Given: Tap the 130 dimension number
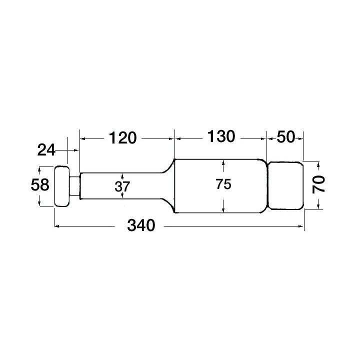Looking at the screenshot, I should tap(218, 136).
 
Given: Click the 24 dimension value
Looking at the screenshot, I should tap(46, 149).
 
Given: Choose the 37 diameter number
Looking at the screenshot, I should tap(122, 186).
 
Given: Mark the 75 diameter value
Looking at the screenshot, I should tap(223, 184).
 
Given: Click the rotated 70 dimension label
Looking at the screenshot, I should tap(319, 184).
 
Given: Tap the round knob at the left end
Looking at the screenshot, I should tap(61, 186).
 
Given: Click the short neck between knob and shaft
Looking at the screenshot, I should tap(74, 186).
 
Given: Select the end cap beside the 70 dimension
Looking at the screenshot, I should tap(284, 185).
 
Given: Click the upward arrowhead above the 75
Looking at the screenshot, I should tap(223, 162).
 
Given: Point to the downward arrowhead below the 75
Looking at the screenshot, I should tap(223, 209).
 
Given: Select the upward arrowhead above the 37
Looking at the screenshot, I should tap(122, 175).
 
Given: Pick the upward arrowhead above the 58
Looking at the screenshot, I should tap(39, 169).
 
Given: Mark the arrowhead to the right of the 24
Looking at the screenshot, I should tap(76, 149).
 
